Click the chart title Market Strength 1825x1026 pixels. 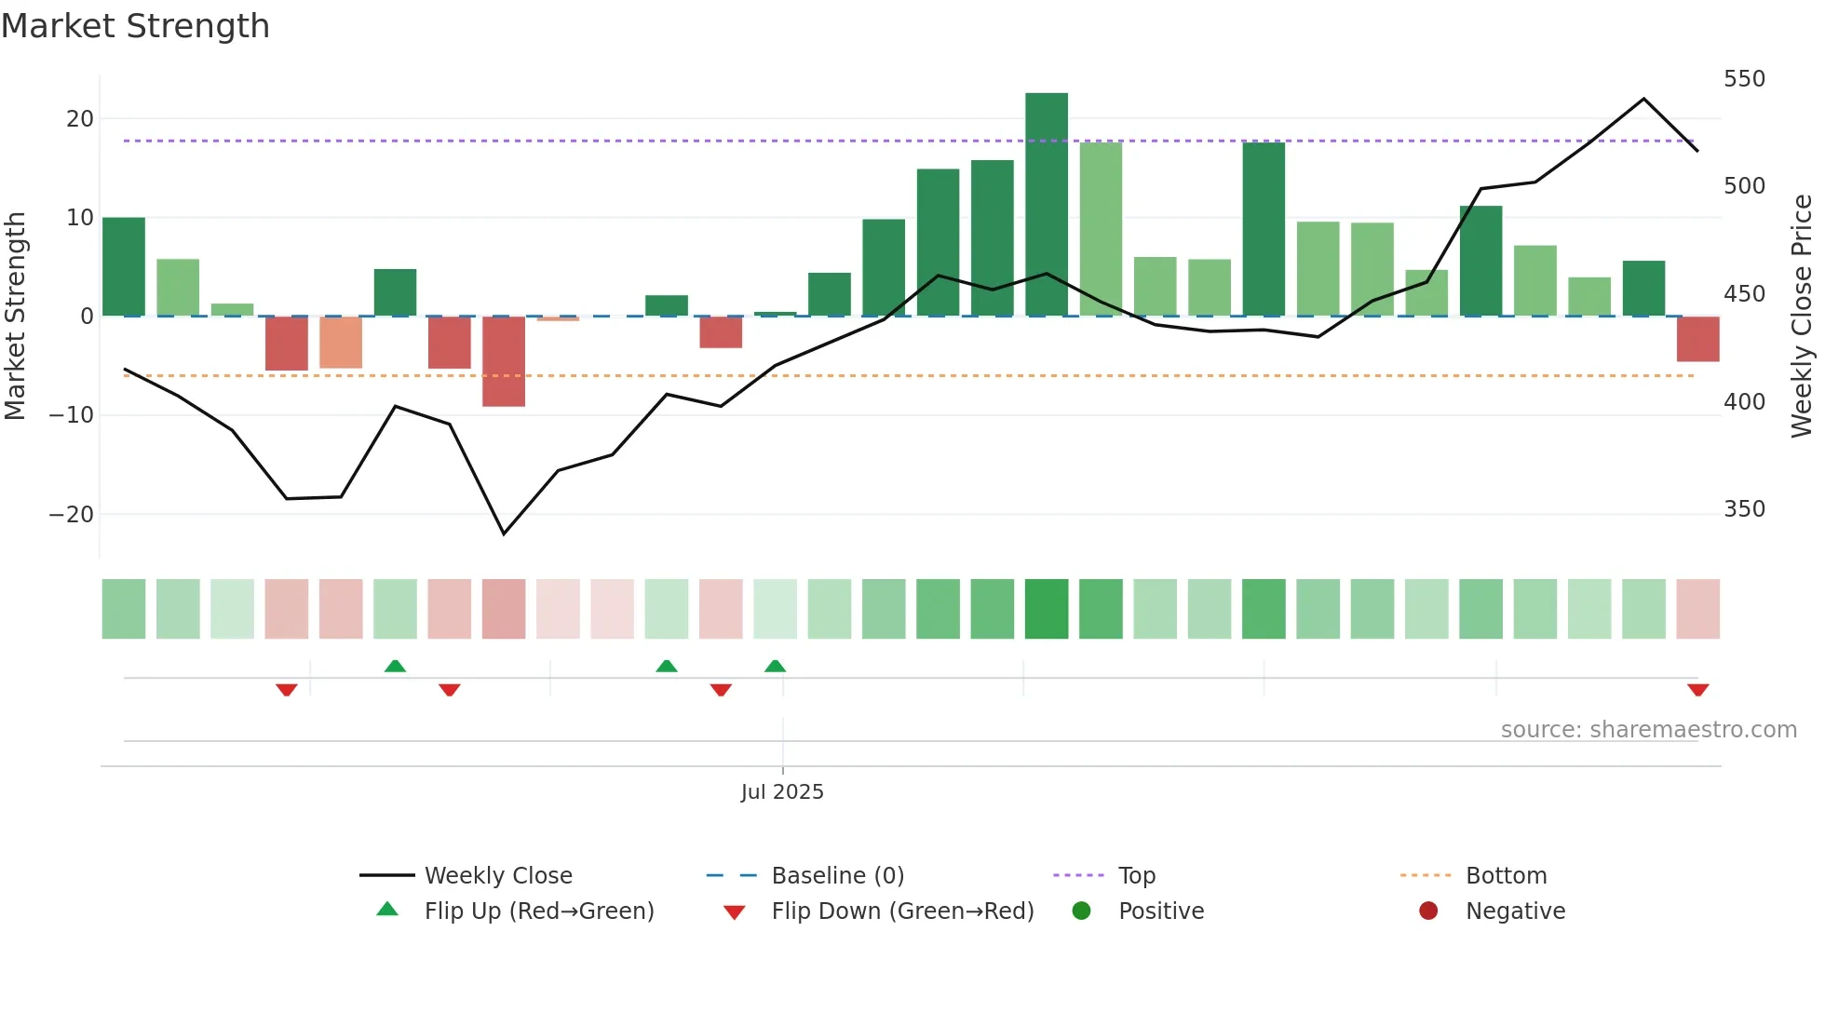pyautogui.click(x=135, y=26)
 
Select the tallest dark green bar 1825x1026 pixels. pyautogui.click(x=1047, y=205)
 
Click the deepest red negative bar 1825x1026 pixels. pyautogui.click(x=504, y=361)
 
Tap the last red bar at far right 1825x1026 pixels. pyautogui.click(x=1697, y=339)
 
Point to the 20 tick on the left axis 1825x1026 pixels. pyautogui.click(x=80, y=119)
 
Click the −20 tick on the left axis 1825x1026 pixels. pyautogui.click(x=72, y=515)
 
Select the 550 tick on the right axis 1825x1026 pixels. pyautogui.click(x=1744, y=79)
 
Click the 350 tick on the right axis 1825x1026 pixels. pyautogui.click(x=1744, y=509)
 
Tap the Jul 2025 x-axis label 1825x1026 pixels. pyautogui.click(x=782, y=792)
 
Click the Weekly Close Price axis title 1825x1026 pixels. pyautogui.click(x=1802, y=317)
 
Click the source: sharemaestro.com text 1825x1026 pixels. pyautogui.click(x=1648, y=730)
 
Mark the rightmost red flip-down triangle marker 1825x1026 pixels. pyautogui.click(x=1697, y=690)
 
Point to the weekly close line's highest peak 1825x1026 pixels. pyautogui.click(x=1643, y=99)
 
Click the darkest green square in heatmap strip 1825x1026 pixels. pyautogui.click(x=1047, y=609)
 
